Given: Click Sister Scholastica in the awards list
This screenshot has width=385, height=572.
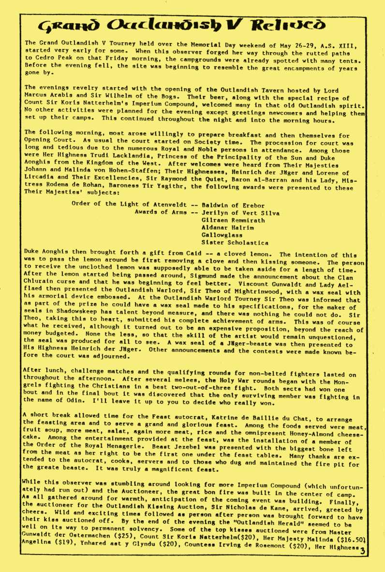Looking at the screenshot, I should pyautogui.click(x=235, y=243).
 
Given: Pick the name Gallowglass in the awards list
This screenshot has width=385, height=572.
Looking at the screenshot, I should pyautogui.click(x=222, y=235).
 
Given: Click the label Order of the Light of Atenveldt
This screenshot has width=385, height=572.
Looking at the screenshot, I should pyautogui.click(x=130, y=204).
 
